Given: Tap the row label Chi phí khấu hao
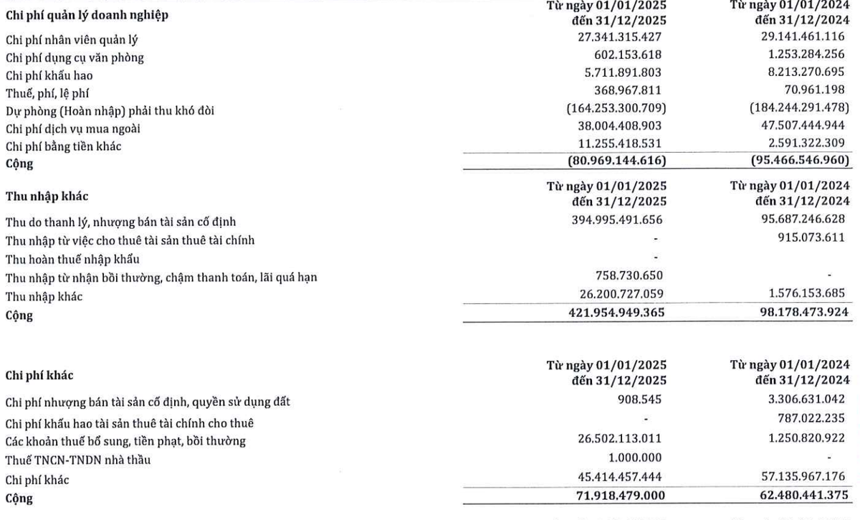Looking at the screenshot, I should click(x=49, y=75).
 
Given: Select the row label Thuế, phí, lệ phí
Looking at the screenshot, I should click(x=47, y=93).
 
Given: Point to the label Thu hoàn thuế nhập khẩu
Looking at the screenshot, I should click(x=72, y=258).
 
